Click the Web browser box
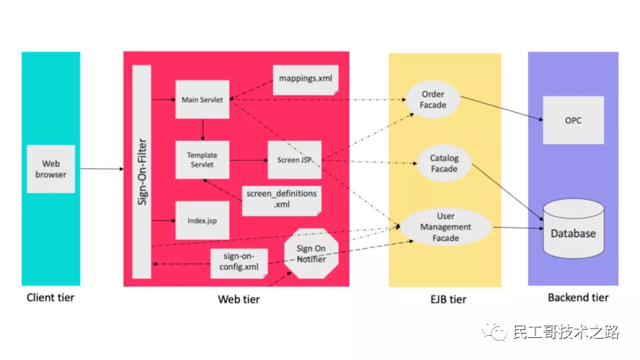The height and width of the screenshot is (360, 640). coord(51,169)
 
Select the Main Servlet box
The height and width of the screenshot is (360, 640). coord(203,100)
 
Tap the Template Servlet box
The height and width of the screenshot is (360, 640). coord(203,160)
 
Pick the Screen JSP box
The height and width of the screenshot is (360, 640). coord(295,160)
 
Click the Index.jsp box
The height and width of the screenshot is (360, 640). coord(203,220)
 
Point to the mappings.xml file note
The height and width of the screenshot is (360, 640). coord(306,80)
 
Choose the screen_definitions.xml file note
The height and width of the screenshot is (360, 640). coord(282,200)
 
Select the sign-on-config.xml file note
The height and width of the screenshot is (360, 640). coord(239,263)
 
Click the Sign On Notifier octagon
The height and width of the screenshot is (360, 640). coord(312,253)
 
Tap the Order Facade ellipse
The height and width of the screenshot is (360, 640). coord(433,100)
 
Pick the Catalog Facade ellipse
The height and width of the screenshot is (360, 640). coord(445,163)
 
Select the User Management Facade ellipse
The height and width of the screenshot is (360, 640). coord(445,227)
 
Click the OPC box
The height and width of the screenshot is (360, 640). coord(573,120)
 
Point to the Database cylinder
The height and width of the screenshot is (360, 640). coord(573,228)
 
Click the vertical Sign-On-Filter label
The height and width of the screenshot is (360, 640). coord(142,172)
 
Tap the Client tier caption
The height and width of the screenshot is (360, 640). coord(50,298)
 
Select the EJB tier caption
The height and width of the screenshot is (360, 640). coord(448,299)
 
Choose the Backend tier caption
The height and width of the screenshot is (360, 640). coord(578,298)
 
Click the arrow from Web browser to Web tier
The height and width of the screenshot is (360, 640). coord(102,169)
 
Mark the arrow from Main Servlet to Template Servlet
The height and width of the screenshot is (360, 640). coord(203,130)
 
